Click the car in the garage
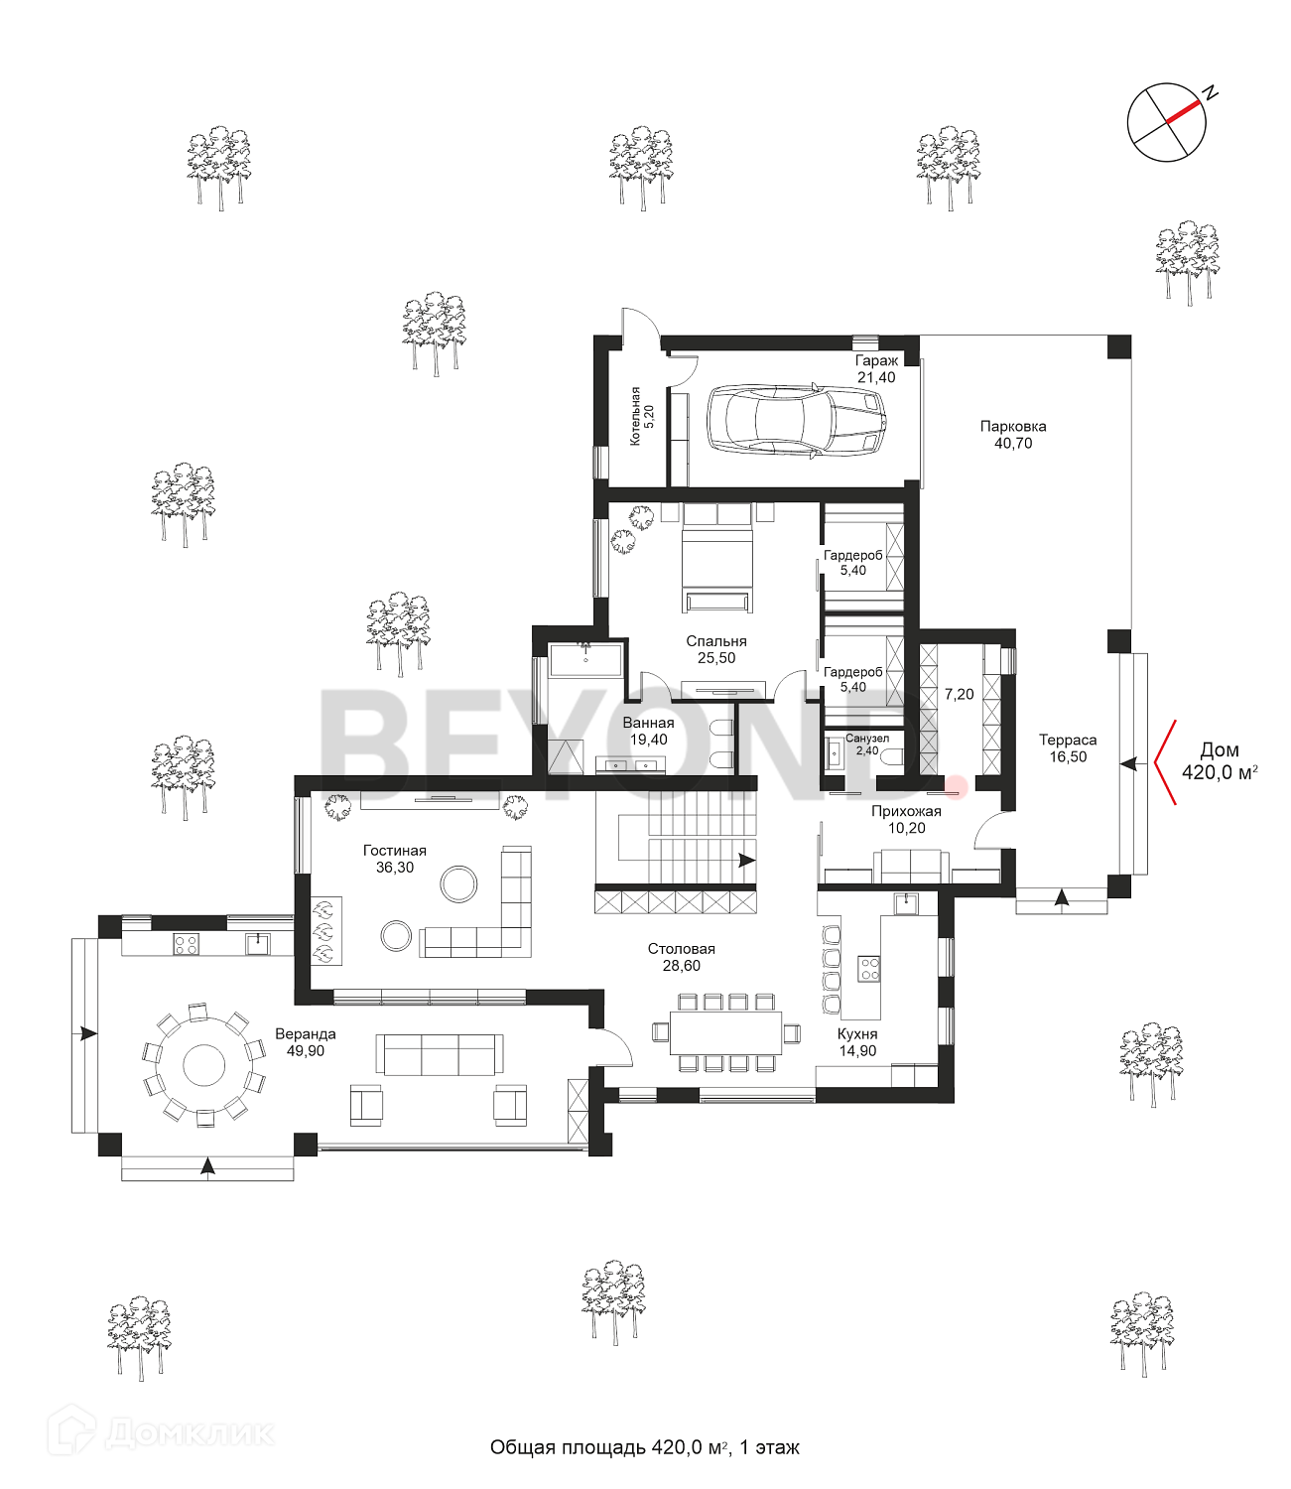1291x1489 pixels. point(795,420)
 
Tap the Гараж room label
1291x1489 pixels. point(876,369)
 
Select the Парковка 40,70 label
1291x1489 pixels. point(1013,435)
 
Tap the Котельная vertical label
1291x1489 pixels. point(641,416)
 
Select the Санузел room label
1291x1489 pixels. point(867,744)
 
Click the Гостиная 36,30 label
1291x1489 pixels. point(394,859)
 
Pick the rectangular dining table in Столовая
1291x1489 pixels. point(725,1033)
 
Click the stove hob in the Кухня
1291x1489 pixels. point(869,968)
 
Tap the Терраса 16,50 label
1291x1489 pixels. point(1068,748)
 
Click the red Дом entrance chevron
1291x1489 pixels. point(1163,762)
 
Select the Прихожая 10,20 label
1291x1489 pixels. point(906,820)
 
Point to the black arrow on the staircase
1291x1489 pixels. point(746,861)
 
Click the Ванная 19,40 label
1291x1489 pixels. point(648,732)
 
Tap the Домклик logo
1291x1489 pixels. point(164,1433)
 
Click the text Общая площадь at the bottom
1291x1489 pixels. point(568,1448)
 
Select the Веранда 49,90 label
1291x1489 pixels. point(306,1042)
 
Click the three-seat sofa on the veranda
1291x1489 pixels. point(440,1054)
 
